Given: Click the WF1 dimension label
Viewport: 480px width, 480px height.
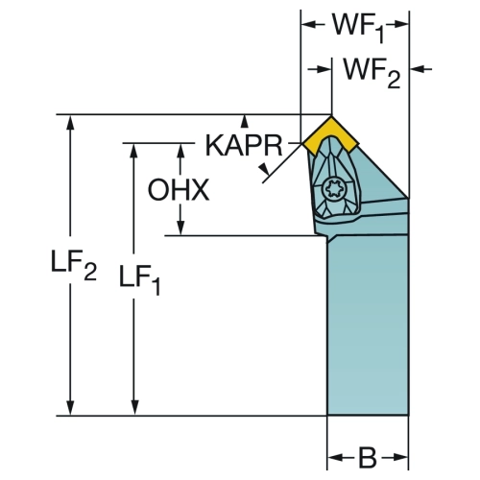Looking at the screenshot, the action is tap(358, 28).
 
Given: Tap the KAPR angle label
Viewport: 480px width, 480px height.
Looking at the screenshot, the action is tap(244, 146).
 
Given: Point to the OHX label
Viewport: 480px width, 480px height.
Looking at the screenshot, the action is tap(179, 190).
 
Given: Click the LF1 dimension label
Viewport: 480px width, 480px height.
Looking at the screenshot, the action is tap(139, 279).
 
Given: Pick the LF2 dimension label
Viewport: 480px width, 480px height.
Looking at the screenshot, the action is tap(74, 264).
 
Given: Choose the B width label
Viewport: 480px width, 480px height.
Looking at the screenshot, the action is tap(368, 458).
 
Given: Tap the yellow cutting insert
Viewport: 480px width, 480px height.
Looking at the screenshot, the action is tap(331, 136).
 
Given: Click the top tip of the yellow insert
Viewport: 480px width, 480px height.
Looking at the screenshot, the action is tap(331, 116).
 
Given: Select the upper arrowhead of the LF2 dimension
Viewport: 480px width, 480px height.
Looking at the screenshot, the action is tap(71, 122).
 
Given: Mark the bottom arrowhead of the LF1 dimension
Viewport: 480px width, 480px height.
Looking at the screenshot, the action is tap(135, 408).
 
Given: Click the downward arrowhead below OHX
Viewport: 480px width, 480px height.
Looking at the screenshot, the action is tap(180, 228).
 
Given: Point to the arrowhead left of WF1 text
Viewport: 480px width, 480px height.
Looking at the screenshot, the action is tap(309, 25).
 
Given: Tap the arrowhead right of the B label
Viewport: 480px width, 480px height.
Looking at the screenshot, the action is tap(400, 458).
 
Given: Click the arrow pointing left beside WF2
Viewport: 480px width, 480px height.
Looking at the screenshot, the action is tap(418, 68).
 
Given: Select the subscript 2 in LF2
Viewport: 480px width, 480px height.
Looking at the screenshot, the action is tap(90, 273).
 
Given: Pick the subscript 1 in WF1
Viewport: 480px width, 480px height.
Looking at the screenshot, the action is tap(379, 35).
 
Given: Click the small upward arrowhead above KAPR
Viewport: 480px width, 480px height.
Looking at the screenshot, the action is tap(245, 120).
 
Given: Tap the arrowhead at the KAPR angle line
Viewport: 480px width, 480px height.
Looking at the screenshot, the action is tap(264, 170).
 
